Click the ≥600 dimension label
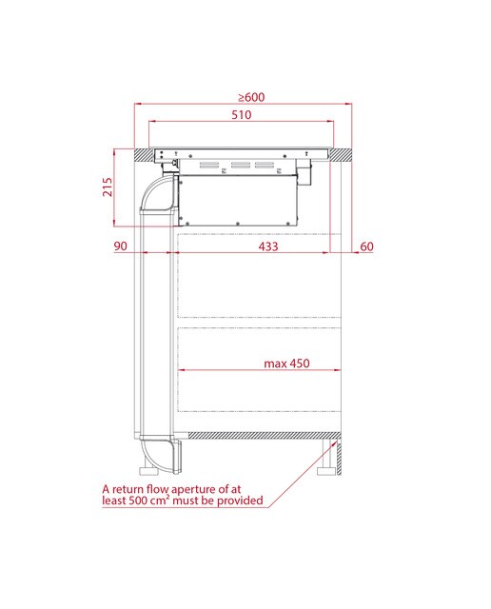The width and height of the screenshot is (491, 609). (x=251, y=97)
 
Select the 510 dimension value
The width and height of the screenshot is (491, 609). (x=242, y=115)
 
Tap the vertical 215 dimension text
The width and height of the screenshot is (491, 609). (x=108, y=187)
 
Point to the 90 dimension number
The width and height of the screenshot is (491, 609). (x=121, y=246)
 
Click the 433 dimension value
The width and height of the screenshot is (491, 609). (x=268, y=246)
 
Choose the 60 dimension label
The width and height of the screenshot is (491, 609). (x=366, y=246)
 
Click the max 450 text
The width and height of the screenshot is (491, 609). (x=286, y=363)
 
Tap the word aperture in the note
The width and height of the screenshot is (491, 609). (x=196, y=489)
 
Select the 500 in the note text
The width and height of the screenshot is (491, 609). (x=139, y=501)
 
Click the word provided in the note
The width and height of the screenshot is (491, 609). (x=240, y=501)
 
